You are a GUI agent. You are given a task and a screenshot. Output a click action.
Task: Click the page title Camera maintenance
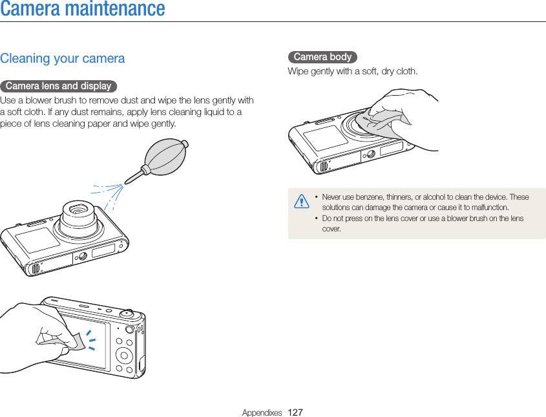coord(83,10)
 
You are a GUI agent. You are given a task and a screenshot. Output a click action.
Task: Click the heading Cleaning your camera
coord(63,59)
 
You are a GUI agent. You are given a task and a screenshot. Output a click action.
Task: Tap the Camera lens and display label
coord(58,86)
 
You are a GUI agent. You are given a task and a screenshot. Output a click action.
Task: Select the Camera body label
coord(322,58)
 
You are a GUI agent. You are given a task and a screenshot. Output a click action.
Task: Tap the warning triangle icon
coord(301,202)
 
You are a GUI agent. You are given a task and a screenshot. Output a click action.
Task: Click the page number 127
coord(295,412)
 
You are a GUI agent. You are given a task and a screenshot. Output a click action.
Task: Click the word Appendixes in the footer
coord(262,412)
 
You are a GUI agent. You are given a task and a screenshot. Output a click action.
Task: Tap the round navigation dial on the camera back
coord(123,354)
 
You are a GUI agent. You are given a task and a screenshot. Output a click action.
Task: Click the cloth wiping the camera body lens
coord(381,123)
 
